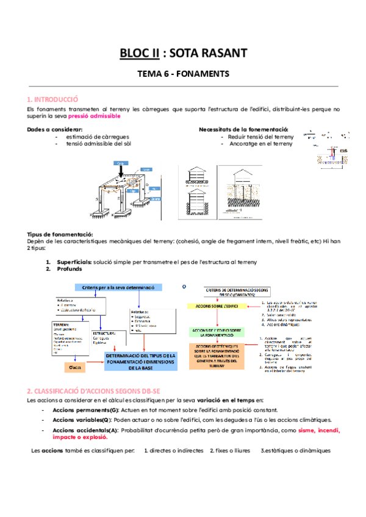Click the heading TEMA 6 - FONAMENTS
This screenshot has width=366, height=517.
(182, 74)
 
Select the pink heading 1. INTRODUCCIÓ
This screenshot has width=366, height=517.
(53, 99)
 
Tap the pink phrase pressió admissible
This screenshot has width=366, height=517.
(94, 116)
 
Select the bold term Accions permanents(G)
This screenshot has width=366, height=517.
(81, 410)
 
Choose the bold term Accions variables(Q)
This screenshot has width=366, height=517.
(80, 420)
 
